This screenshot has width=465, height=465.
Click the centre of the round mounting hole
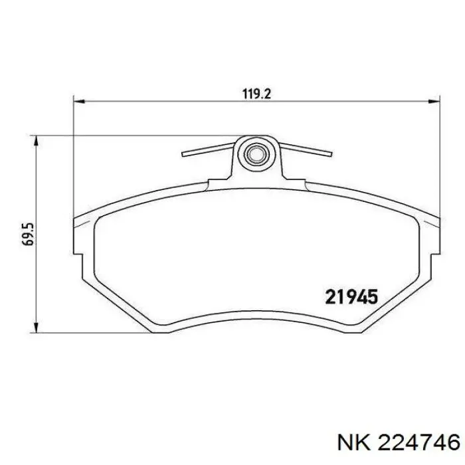(256, 155)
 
